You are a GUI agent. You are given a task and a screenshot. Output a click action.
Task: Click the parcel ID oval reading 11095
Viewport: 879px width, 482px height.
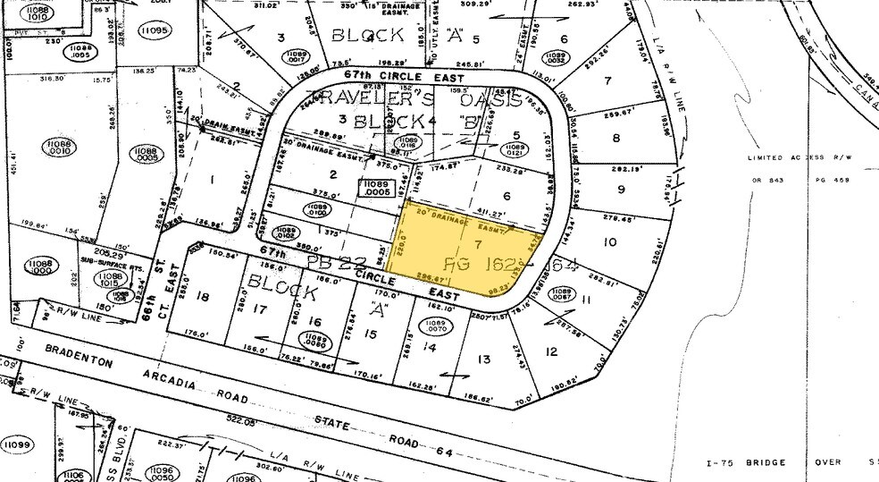tap(154, 30)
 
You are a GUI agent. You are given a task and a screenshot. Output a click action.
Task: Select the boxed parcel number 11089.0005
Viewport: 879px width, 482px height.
tap(375, 187)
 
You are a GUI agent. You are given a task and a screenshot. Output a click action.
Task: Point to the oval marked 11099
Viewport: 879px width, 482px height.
tap(15, 444)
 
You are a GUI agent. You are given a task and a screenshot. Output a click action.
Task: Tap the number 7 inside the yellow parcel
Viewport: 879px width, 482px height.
tap(478, 243)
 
